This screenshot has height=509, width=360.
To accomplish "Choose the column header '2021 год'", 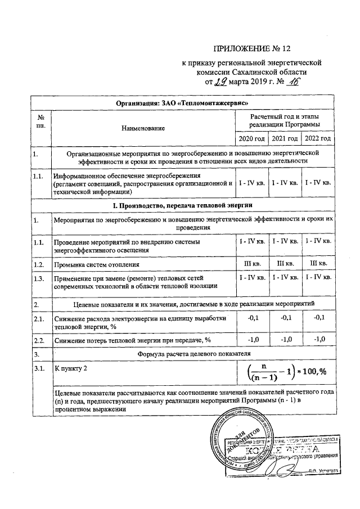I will tap(284, 138).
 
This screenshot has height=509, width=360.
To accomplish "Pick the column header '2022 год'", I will tap(317, 138).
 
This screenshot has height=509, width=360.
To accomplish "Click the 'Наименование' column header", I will tap(142, 129).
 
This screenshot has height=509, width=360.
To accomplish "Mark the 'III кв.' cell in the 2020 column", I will tap(250, 263).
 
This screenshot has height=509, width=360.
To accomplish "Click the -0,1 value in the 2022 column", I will tap(318, 318).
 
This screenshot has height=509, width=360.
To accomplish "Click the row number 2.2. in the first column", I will tap(39, 340).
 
